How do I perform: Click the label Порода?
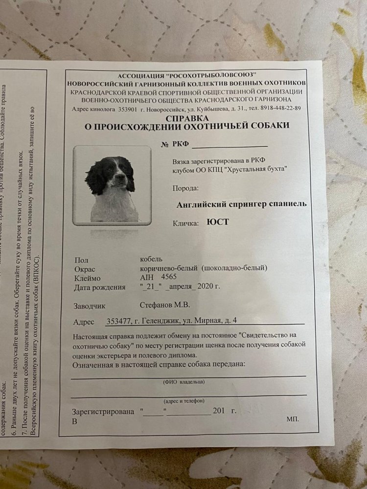click(x=185, y=188)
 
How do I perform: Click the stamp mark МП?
click(x=293, y=420)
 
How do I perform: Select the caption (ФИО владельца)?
click(x=183, y=381)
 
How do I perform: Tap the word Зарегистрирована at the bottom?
click(x=102, y=411)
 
